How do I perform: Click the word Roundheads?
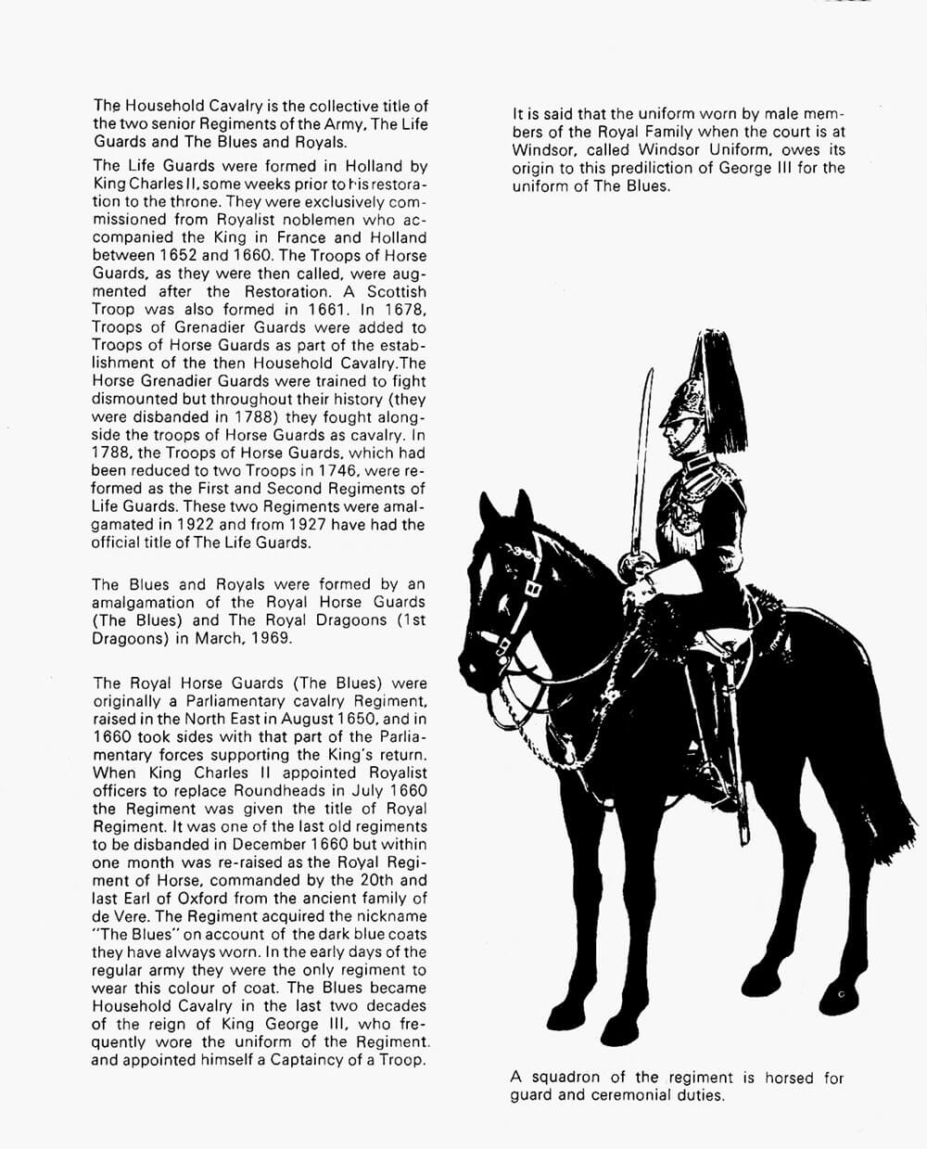point(288,790)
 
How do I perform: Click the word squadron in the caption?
point(565,1078)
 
